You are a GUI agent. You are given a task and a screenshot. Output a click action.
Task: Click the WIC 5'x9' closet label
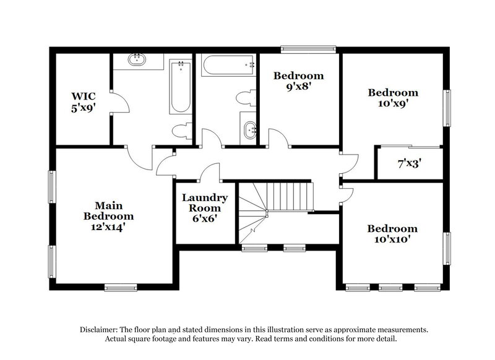pyautogui.click(x=82, y=101)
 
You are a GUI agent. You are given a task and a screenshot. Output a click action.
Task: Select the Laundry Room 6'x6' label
pyautogui.click(x=205, y=208)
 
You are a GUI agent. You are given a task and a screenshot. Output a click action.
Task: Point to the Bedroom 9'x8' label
pyautogui.click(x=299, y=82)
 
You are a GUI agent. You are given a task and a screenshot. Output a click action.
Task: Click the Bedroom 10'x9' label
pyautogui.click(x=393, y=98)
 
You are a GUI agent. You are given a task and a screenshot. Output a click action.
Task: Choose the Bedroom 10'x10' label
pyautogui.click(x=392, y=233)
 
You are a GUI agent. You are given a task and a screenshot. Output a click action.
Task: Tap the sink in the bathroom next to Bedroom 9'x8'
pyautogui.click(x=250, y=131)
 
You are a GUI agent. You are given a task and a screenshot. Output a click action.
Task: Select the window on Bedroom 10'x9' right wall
pyautogui.click(x=447, y=108)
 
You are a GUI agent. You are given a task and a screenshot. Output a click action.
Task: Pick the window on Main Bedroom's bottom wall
pyautogui.click(x=120, y=286)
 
